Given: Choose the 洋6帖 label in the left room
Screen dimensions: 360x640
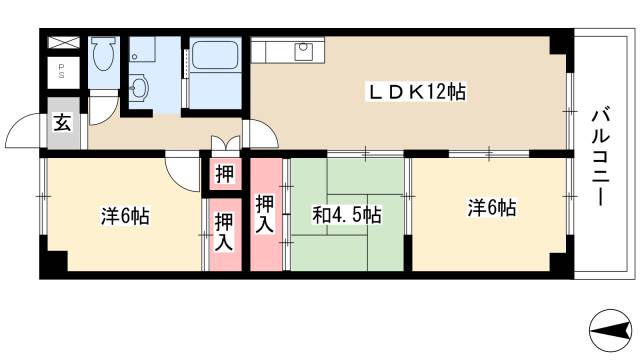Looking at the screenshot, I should click(x=124, y=215).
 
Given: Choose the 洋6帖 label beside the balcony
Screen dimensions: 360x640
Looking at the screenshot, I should click(x=491, y=208).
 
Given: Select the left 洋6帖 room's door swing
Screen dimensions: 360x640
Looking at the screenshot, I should click(x=182, y=170).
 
